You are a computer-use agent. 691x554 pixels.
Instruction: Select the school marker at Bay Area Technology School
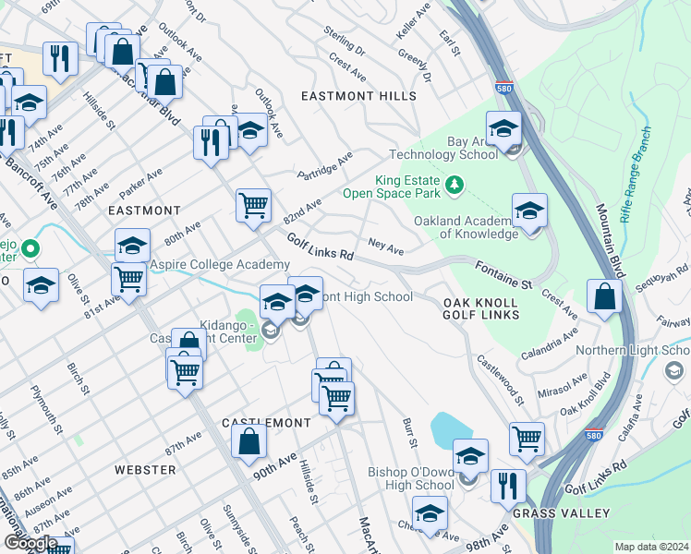pyautogui.click(x=504, y=129)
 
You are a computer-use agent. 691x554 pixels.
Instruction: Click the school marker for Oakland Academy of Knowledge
pyautogui.click(x=529, y=212)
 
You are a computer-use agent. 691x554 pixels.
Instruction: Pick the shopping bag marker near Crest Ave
pyautogui.click(x=603, y=297)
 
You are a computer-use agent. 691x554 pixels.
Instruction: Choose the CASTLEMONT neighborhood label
pyautogui.click(x=266, y=422)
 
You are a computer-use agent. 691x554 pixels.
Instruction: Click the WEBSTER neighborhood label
pyautogui.click(x=145, y=470)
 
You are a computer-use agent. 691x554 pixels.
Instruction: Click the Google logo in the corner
pyautogui.click(x=30, y=543)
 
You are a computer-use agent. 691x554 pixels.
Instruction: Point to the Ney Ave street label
pyautogui.click(x=385, y=247)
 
